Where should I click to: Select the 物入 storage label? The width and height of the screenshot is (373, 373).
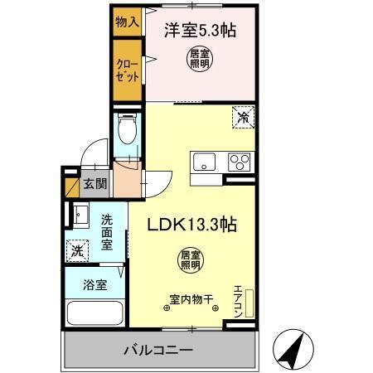(125, 20)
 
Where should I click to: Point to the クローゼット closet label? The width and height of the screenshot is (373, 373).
(127, 68)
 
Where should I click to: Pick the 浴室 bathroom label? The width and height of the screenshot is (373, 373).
(94, 284)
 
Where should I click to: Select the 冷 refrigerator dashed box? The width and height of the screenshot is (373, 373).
(242, 117)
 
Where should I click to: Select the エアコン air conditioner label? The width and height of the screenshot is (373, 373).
(237, 301)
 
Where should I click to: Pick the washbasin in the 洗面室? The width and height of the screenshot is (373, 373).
(80, 217)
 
